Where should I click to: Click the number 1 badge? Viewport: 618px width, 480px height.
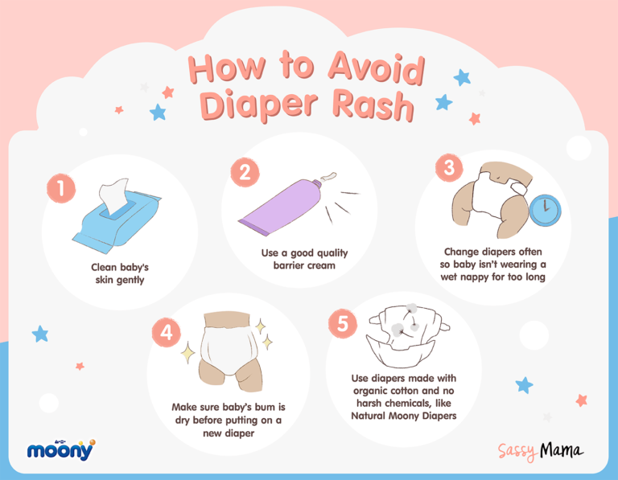pos(60,188)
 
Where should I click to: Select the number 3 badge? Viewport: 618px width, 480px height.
pos(448,168)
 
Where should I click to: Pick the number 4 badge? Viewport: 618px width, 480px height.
pos(167,333)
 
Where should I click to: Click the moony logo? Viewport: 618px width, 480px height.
pos(61,449)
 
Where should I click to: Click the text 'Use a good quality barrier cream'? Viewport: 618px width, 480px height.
pos(304,259)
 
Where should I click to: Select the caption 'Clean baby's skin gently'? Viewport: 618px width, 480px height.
pos(119,273)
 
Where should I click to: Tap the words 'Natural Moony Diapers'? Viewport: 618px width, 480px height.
pos(403,416)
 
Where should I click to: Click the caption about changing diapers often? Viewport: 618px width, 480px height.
pos(492,264)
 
